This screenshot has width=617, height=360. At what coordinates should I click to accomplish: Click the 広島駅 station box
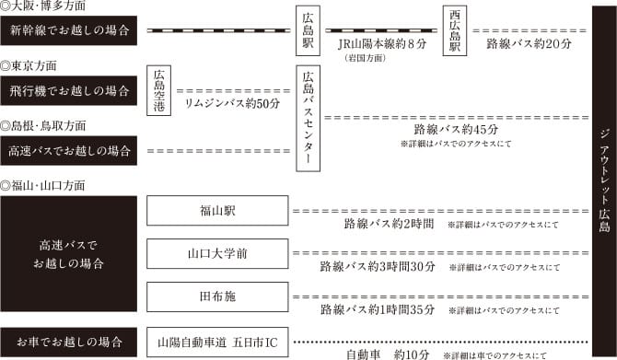tap(308, 31)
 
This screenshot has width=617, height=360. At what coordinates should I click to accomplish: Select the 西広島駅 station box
tap(454, 31)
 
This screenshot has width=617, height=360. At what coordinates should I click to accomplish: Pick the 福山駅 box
tap(217, 211)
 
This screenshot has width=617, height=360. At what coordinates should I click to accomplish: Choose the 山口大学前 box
tap(217, 253)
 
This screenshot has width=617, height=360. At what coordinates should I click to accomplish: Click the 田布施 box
tap(217, 296)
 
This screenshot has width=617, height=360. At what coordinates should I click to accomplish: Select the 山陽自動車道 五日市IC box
tap(217, 342)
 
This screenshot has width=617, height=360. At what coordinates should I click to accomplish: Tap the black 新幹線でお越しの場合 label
tap(69, 30)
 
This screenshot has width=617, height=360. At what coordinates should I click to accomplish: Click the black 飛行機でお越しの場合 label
tap(69, 90)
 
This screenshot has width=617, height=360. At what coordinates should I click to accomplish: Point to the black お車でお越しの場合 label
tap(69, 342)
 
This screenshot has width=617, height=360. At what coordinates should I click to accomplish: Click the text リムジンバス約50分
tap(232, 104)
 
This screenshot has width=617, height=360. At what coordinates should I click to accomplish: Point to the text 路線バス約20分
tap(530, 43)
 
